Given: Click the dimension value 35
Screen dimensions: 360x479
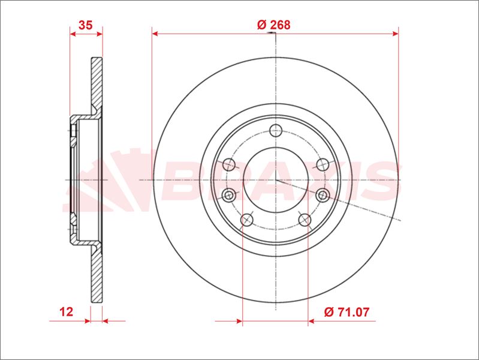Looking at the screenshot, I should [x=85, y=25].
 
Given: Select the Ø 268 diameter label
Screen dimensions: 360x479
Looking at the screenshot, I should [x=273, y=25].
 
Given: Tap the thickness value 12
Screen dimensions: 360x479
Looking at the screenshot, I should [x=67, y=311].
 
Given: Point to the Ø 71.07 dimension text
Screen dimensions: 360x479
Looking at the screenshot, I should [x=347, y=311].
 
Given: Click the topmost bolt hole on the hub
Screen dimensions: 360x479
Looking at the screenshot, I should [x=275, y=131].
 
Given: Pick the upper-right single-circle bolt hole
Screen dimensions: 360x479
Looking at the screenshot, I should [x=321, y=164].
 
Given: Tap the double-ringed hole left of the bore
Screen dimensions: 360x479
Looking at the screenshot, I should [x=228, y=194].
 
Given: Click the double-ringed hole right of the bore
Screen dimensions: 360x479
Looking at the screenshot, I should [x=322, y=194].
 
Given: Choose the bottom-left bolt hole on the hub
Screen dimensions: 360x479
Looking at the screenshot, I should [x=246, y=220].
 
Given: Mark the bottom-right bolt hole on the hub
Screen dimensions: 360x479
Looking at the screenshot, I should [x=305, y=220].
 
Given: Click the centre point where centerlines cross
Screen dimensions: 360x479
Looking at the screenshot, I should [x=275, y=179].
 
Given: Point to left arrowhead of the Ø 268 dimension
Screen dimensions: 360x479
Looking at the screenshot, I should [x=155, y=34].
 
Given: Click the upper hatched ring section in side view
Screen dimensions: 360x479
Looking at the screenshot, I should [x=97, y=84].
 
